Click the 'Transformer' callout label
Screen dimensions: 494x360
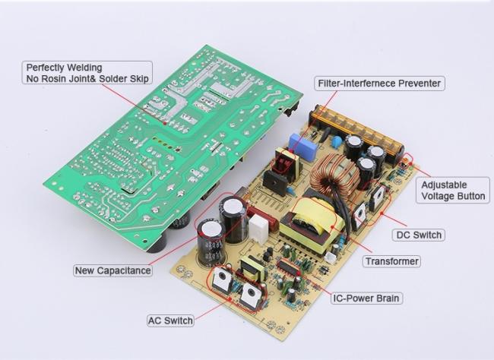click(391, 261)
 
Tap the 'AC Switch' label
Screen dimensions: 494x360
click(170, 321)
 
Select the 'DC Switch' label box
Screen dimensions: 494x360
click(419, 235)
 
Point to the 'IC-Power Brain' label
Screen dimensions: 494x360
click(366, 298)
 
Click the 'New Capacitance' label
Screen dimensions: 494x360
click(112, 270)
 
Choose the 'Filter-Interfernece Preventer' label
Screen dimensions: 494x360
click(379, 84)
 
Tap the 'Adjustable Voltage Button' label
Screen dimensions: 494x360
click(453, 190)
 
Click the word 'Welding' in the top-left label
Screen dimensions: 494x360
click(84, 68)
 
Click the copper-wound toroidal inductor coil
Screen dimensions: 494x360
click(334, 174)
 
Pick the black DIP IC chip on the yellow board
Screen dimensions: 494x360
click(288, 267)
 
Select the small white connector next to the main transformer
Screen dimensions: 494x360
click(330, 258)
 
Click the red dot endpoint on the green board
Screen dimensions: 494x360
click(164, 124)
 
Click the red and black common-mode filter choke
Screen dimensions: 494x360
click(286, 163)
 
